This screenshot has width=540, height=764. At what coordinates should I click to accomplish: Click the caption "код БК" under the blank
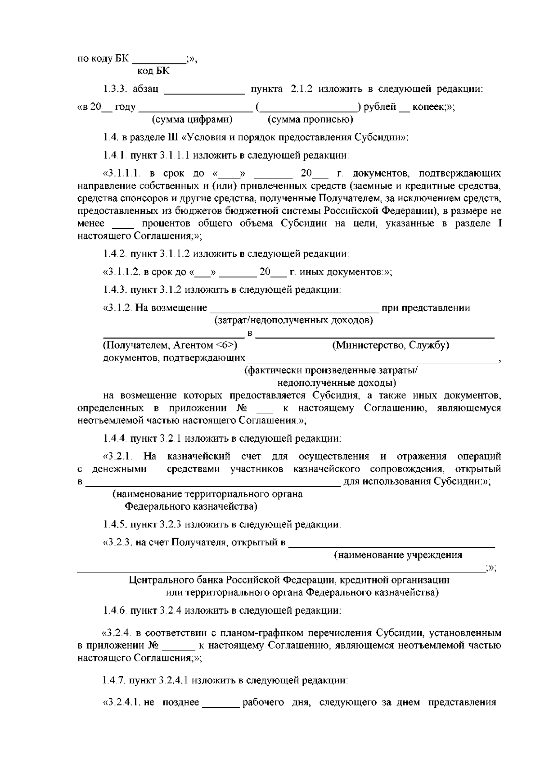[x=153, y=71]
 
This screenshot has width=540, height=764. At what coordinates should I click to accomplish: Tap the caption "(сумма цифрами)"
[x=192, y=119]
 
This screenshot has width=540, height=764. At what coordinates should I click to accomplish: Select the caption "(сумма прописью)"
[x=310, y=119]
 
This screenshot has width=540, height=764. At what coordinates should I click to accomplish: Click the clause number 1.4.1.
[x=115, y=155]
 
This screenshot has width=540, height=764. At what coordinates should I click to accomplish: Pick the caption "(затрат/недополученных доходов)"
[x=293, y=321]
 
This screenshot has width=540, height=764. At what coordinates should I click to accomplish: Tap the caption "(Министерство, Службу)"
[x=391, y=345]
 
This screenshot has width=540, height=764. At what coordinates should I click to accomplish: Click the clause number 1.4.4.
[x=115, y=438]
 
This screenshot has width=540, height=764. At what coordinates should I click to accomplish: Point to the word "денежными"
[x=119, y=469]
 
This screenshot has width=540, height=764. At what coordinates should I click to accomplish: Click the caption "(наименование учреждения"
[x=398, y=555]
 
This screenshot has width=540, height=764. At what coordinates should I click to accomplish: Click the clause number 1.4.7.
[x=115, y=680]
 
